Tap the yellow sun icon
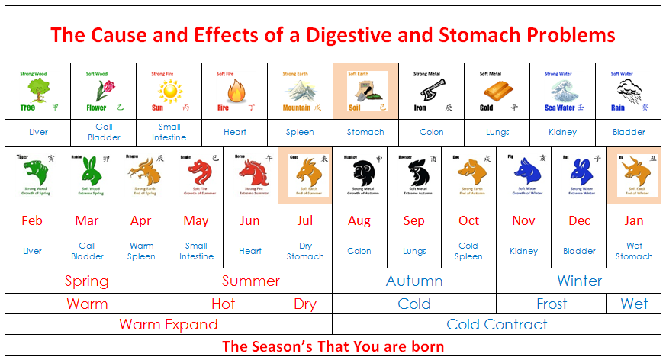pyautogui.click(x=169, y=92)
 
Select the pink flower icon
pyautogui.click(x=105, y=92)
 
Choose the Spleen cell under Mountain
pyautogui.click(x=300, y=132)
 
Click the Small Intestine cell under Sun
pyautogui.click(x=169, y=132)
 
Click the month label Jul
pyautogui.click(x=305, y=220)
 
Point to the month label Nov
pyautogui.click(x=523, y=220)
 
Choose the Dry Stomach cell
pyautogui.click(x=305, y=251)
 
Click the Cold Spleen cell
pyautogui.click(x=468, y=251)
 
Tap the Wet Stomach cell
pyautogui.click(x=634, y=251)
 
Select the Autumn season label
pyautogui.click(x=414, y=281)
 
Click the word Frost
pyautogui.click(x=552, y=304)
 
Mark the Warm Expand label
pyautogui.click(x=169, y=324)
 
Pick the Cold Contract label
pyautogui.click(x=497, y=324)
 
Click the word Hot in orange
pyautogui.click(x=223, y=304)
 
